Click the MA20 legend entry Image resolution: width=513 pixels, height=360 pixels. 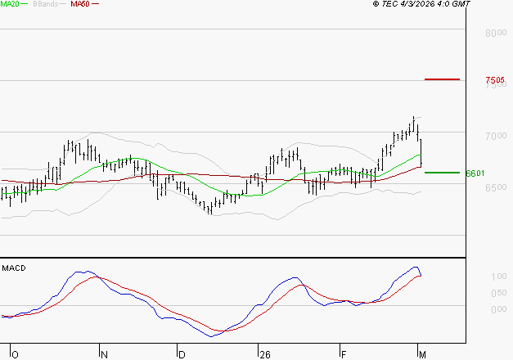click(10, 4)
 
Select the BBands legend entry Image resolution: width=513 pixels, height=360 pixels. click(44, 4)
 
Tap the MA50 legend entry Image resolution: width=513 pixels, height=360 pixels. click(80, 4)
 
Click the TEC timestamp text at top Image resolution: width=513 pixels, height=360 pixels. click(434, 4)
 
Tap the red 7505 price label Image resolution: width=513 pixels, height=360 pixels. click(496, 80)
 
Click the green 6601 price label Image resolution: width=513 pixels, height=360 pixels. click(475, 173)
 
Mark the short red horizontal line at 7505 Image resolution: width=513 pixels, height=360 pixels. click(442, 79)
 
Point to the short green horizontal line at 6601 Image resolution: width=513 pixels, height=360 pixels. click(442, 173)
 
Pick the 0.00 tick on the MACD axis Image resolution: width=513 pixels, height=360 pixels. click(497, 309)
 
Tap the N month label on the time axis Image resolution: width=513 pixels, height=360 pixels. click(104, 354)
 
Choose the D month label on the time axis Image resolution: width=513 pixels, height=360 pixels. click(181, 354)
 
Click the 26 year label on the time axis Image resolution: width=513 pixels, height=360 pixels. click(264, 354)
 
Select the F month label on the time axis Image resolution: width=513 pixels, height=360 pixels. click(344, 354)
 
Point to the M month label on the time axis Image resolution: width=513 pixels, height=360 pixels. click(422, 354)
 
